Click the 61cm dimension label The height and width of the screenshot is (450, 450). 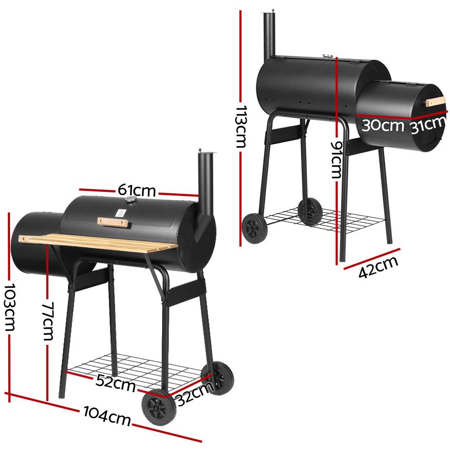[x=137, y=190]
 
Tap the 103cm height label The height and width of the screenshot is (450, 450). [x=10, y=307]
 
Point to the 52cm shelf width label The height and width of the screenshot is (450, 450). [x=116, y=382]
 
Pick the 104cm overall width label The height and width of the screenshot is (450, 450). [x=107, y=416]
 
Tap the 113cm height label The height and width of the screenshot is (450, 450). [x=241, y=127]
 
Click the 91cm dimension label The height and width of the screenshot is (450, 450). [x=337, y=159]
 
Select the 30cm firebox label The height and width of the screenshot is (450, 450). [x=382, y=126]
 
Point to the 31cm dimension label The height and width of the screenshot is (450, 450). [x=428, y=126]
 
